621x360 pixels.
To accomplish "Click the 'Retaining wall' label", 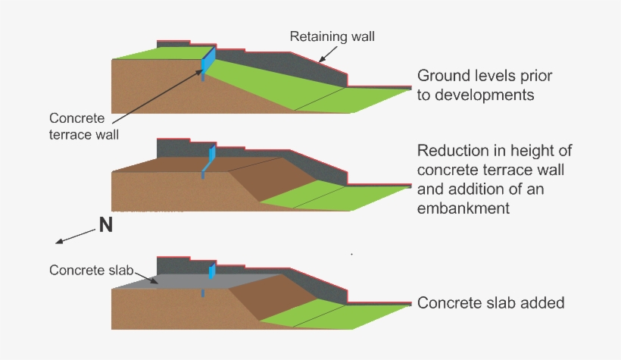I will pyautogui.click(x=332, y=36).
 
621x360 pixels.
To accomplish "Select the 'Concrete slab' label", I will pyautogui.click(x=87, y=270).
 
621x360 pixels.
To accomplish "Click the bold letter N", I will pyautogui.click(x=106, y=225).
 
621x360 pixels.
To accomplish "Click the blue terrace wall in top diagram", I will pyautogui.click(x=209, y=61).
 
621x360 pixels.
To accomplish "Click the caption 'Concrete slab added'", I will pyautogui.click(x=491, y=303).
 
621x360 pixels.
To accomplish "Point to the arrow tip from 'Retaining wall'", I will pyautogui.click(x=319, y=61).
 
